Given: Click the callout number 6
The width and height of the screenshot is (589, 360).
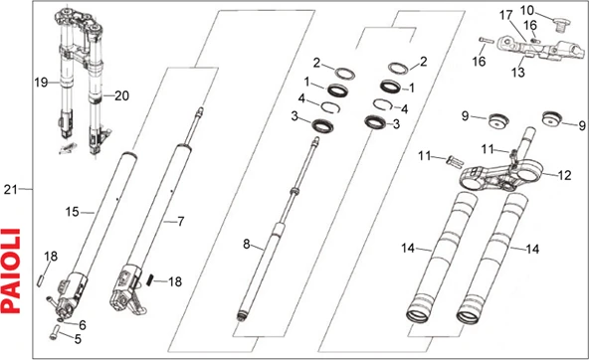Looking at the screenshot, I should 82,323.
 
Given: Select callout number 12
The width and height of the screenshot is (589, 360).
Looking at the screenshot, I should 564,175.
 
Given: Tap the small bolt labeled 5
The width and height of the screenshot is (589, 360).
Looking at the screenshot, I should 57,331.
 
